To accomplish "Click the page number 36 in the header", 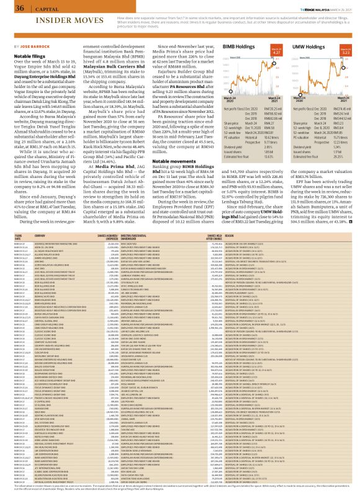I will pos(20,8).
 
